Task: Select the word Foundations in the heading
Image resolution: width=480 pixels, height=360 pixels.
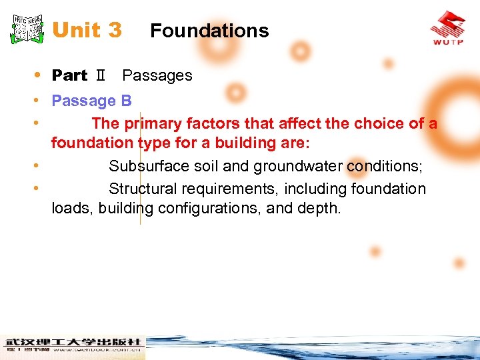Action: [209, 31]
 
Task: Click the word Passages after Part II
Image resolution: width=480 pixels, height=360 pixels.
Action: [157, 75]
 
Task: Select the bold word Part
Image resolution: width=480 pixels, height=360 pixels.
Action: [69, 75]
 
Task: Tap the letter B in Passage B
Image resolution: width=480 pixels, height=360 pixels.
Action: [126, 101]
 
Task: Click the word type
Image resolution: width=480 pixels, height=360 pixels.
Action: [153, 143]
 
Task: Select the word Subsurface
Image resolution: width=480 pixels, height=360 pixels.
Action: [147, 166]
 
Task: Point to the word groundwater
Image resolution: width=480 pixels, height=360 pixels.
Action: [293, 166]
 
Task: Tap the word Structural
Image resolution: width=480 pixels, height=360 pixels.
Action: [143, 189]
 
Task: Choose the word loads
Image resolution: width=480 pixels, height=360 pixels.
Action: [72, 208]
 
